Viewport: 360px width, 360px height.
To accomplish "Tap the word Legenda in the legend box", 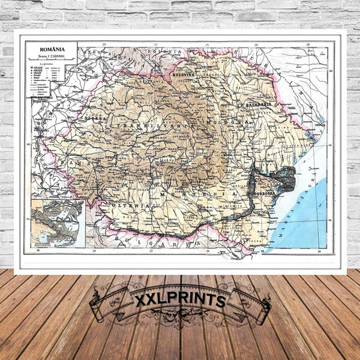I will click(x=47, y=63).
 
